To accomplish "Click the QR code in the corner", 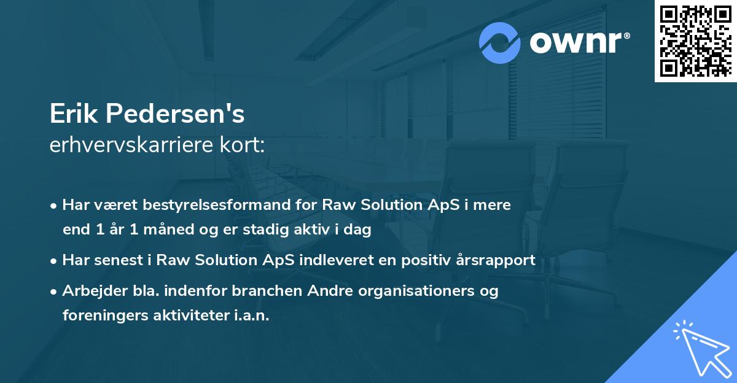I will pos(695,41).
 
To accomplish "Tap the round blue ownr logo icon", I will pos(500,43).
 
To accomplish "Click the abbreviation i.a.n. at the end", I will pos(252,315).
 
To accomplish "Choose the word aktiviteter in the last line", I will pos(187,315).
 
